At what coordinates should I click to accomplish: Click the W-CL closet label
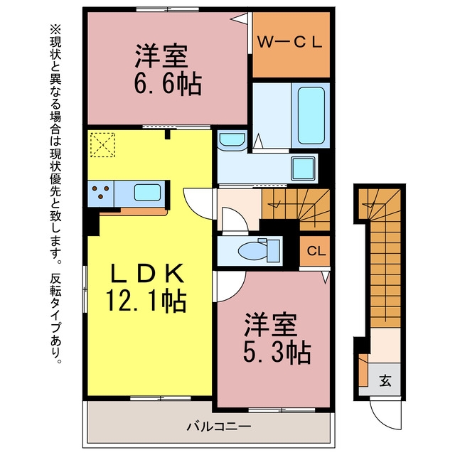290,43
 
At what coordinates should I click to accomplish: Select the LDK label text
147,273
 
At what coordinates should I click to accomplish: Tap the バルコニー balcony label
218,427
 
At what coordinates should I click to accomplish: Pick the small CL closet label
316,251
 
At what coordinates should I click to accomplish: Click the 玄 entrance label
385,380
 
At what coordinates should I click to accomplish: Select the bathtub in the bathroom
311,115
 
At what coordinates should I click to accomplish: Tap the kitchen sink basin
147,193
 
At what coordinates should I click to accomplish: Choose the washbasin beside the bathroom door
232,141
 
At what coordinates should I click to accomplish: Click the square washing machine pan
304,168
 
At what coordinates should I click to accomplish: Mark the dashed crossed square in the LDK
102,144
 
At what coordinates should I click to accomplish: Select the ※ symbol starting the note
55,30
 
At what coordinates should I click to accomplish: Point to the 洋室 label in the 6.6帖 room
161,56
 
